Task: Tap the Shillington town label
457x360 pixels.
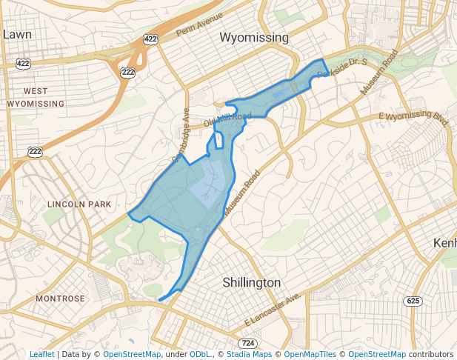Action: [252, 282]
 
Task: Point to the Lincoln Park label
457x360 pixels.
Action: [79, 204]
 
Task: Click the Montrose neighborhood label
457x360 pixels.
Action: [60, 299]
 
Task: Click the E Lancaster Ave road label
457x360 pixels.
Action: [273, 310]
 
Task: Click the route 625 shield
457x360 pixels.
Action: [413, 300]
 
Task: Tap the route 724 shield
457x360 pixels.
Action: [247, 343]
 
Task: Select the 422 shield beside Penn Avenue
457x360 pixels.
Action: [151, 39]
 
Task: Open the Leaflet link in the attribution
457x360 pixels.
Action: [41, 355]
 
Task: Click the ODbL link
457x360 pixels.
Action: [201, 355]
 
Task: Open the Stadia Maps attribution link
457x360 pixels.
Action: [247, 355]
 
